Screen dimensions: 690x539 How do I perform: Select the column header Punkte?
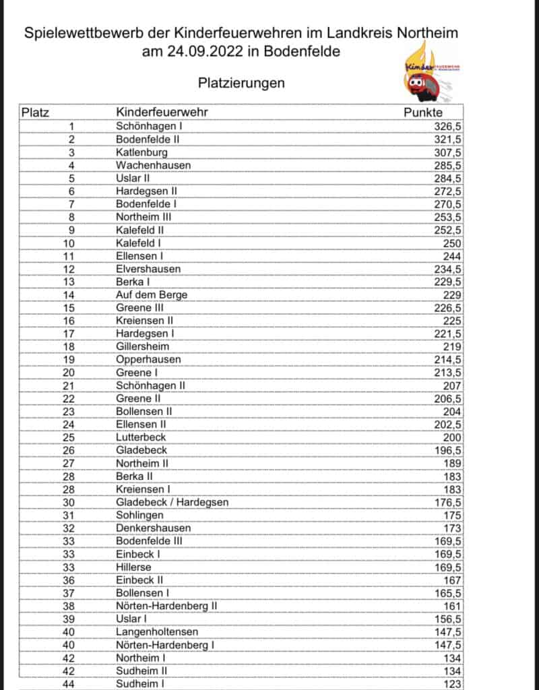point(423,113)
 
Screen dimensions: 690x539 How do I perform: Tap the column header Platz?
point(36,113)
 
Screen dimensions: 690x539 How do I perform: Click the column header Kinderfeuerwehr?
point(161,113)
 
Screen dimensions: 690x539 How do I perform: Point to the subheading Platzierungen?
point(241,83)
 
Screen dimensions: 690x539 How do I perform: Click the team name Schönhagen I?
point(149,126)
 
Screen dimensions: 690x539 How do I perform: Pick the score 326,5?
point(448,126)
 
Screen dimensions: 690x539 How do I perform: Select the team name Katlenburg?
point(141,152)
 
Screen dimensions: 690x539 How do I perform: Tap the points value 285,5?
point(448,165)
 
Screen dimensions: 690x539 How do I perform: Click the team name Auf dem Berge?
point(152,294)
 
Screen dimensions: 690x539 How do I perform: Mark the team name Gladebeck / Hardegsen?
point(172,501)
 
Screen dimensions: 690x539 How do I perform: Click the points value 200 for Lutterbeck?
point(452,437)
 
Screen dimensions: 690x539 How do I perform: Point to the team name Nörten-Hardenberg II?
point(166,606)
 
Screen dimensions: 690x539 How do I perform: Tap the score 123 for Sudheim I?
point(452,683)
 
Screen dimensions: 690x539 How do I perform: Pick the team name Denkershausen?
point(153,528)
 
